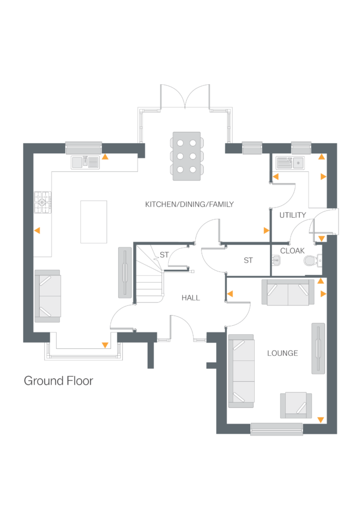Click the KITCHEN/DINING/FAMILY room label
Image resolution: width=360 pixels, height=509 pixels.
189,204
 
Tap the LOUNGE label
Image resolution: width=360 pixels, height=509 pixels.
282,353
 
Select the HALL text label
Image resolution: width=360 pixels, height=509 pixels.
190,297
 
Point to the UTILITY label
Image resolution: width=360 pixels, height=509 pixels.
292,215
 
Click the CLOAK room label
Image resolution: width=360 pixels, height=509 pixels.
292,251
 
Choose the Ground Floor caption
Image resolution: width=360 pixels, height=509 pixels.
58,381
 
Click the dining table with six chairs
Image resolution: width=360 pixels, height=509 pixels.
187,156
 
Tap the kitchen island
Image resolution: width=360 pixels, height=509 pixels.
93,221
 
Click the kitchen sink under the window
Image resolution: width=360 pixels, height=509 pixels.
85,162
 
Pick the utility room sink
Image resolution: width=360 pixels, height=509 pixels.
290,163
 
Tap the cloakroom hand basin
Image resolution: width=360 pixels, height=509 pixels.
276,260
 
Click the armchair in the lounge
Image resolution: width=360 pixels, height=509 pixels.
296,405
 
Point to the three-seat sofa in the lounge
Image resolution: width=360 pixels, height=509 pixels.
241,370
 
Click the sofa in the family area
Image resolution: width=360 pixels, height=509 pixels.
48,296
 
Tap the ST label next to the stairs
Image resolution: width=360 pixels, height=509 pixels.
164,255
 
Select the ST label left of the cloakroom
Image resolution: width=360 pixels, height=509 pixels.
248,260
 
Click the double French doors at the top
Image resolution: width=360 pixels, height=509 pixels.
185,96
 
